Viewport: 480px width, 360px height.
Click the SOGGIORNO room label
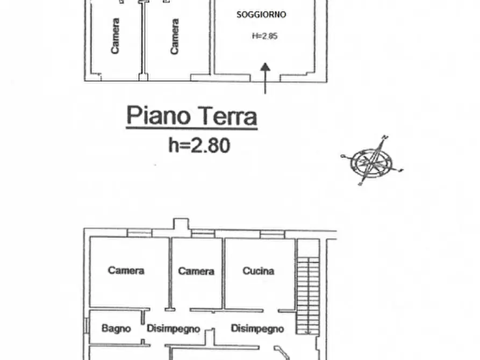pyautogui.click(x=262, y=15)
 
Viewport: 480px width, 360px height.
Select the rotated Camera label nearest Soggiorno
pyautogui.click(x=174, y=37)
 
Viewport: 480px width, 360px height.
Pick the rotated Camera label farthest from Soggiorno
pyautogui.click(x=115, y=37)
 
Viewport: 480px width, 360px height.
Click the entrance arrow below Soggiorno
pyautogui.click(x=266, y=78)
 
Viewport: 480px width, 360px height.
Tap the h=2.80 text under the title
pyautogui.click(x=199, y=145)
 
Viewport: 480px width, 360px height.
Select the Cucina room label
pyautogui.click(x=258, y=271)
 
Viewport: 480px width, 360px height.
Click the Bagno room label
pyautogui.click(x=116, y=328)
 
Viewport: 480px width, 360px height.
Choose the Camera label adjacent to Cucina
pyautogui.click(x=196, y=271)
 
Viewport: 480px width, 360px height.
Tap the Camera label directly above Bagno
pyautogui.click(x=126, y=270)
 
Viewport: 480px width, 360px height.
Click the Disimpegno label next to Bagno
pyautogui.click(x=173, y=329)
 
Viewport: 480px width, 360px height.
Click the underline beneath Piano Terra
pyautogui.click(x=191, y=128)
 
